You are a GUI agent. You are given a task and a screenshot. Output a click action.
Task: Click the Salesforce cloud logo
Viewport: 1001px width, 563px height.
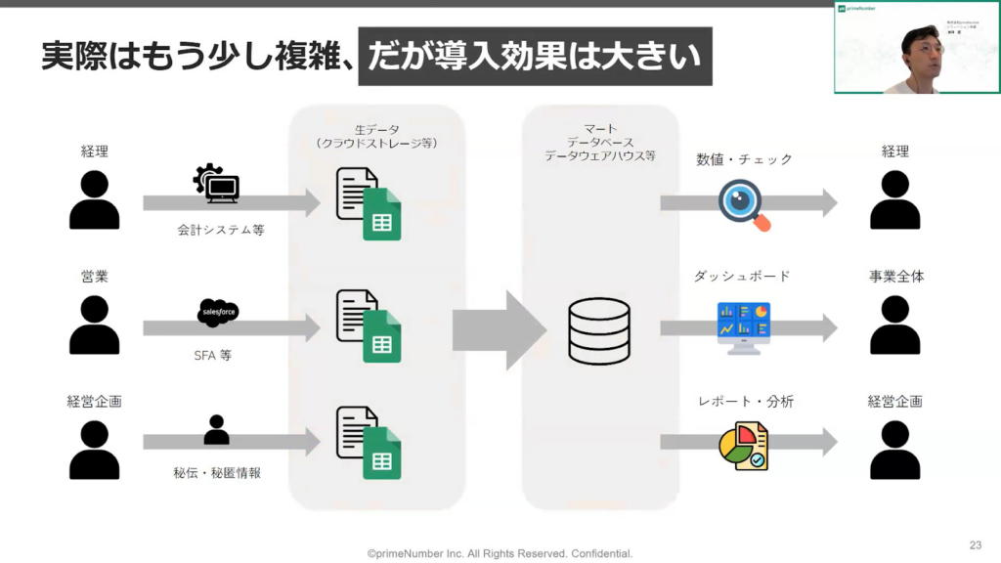217,313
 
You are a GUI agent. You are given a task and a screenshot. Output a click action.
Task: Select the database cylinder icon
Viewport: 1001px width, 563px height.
599,331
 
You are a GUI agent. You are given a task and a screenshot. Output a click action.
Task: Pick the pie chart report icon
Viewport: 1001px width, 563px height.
743,446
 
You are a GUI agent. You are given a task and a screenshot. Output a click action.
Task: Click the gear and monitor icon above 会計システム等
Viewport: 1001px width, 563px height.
217,185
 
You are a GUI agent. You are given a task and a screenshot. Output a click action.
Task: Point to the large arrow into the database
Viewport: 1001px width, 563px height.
499,330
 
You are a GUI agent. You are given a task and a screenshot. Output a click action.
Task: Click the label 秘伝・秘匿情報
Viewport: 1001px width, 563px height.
217,473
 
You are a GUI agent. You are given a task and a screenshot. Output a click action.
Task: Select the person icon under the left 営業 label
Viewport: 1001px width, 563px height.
95,325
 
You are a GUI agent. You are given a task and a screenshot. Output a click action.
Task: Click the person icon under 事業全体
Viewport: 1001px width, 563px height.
895,325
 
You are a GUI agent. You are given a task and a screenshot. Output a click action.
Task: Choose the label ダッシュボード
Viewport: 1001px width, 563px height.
742,277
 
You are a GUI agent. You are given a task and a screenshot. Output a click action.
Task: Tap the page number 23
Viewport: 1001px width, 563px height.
975,544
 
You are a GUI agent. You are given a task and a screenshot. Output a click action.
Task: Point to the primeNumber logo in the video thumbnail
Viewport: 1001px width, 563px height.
858,9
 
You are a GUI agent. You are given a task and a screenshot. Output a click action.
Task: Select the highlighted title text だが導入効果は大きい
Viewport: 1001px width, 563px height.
535,56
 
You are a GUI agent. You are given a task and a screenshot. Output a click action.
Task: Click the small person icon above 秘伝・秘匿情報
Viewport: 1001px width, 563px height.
216,430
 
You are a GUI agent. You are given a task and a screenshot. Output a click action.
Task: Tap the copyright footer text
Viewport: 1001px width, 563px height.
500,553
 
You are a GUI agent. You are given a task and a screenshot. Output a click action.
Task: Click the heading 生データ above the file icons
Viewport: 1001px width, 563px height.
376,128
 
